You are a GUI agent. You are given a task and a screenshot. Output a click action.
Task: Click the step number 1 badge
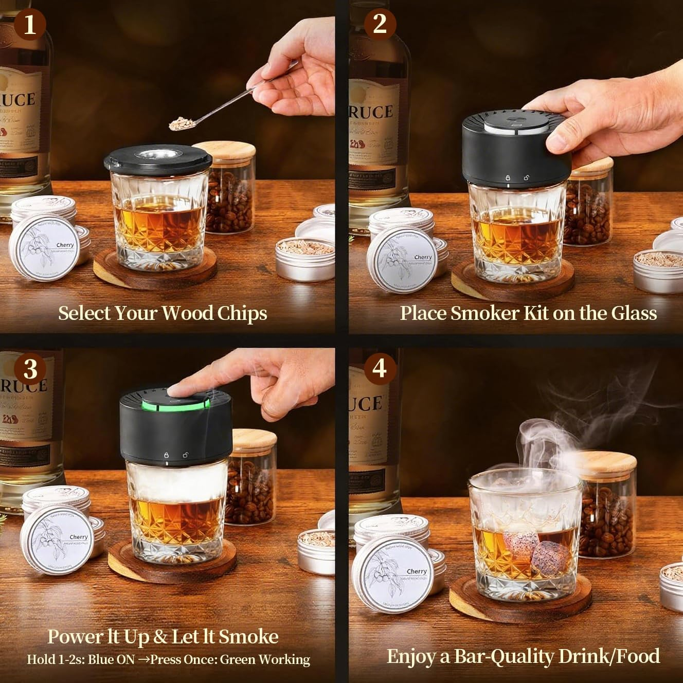click(29, 24)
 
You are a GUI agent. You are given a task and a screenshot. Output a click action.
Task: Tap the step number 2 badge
click(380, 24)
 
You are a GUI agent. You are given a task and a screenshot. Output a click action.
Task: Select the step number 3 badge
click(30, 369)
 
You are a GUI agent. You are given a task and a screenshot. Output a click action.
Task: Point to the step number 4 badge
click(380, 368)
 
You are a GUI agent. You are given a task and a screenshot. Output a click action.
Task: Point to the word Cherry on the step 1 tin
click(65, 245)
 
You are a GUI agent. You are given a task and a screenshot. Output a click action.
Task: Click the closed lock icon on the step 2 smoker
click(508, 177)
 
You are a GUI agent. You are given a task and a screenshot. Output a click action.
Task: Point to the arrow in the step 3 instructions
click(142, 659)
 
